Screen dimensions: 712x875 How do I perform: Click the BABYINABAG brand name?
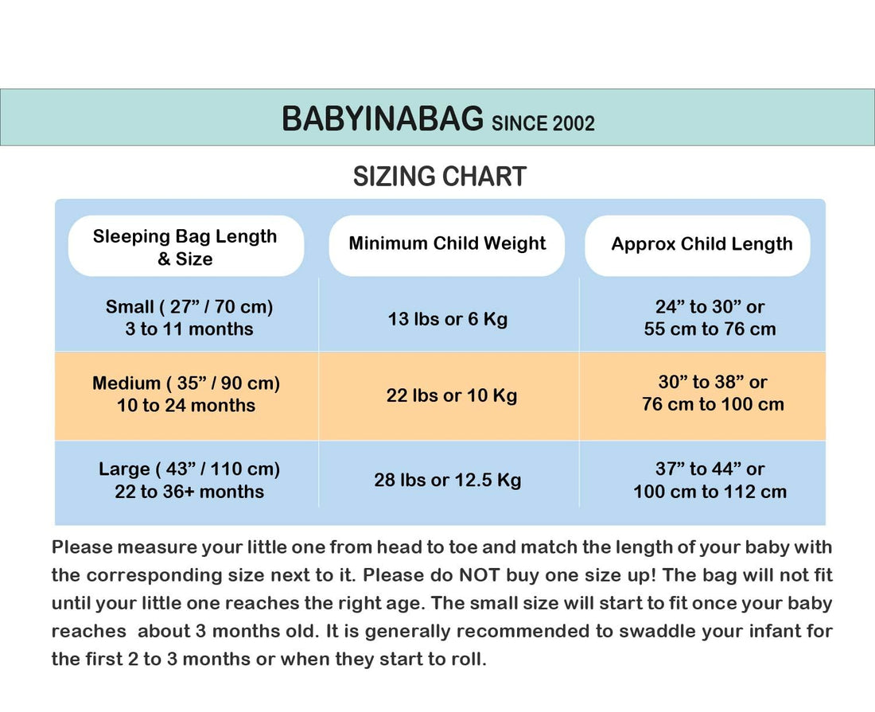click(x=382, y=119)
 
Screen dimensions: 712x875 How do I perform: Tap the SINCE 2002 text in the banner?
click(x=543, y=123)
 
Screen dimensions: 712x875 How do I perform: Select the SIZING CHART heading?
click(x=439, y=177)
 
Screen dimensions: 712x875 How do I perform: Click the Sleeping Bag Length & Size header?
click(x=185, y=247)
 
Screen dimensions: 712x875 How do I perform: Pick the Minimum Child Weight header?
click(x=447, y=243)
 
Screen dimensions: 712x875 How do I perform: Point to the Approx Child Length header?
click(x=702, y=244)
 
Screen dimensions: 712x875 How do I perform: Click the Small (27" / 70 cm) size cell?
click(x=189, y=317)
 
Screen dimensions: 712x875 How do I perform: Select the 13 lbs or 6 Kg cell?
click(x=448, y=319)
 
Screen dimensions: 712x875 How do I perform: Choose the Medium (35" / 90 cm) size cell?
click(x=186, y=394)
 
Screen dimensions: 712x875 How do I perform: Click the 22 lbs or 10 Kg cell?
click(x=452, y=395)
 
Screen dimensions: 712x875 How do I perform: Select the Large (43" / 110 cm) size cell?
click(x=189, y=480)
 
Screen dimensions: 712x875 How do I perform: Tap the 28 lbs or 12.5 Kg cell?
click(x=448, y=480)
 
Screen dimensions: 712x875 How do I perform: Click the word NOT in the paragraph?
click(x=478, y=574)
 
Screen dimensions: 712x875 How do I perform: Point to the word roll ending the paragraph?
click(x=466, y=659)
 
